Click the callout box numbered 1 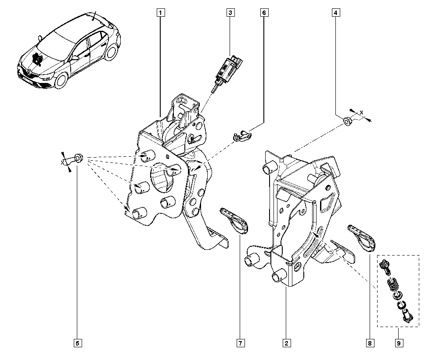(x=161, y=13)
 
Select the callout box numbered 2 (x=286, y=342)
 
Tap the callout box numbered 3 (x=230, y=13)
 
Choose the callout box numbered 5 (x=77, y=342)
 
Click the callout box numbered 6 (x=264, y=13)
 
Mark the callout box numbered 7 (x=240, y=342)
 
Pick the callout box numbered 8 (x=370, y=342)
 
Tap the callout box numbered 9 (x=399, y=342)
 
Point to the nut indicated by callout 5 (x=79, y=157)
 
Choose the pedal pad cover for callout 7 (x=234, y=219)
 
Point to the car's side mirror (x=75, y=57)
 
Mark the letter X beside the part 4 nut (x=362, y=113)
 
